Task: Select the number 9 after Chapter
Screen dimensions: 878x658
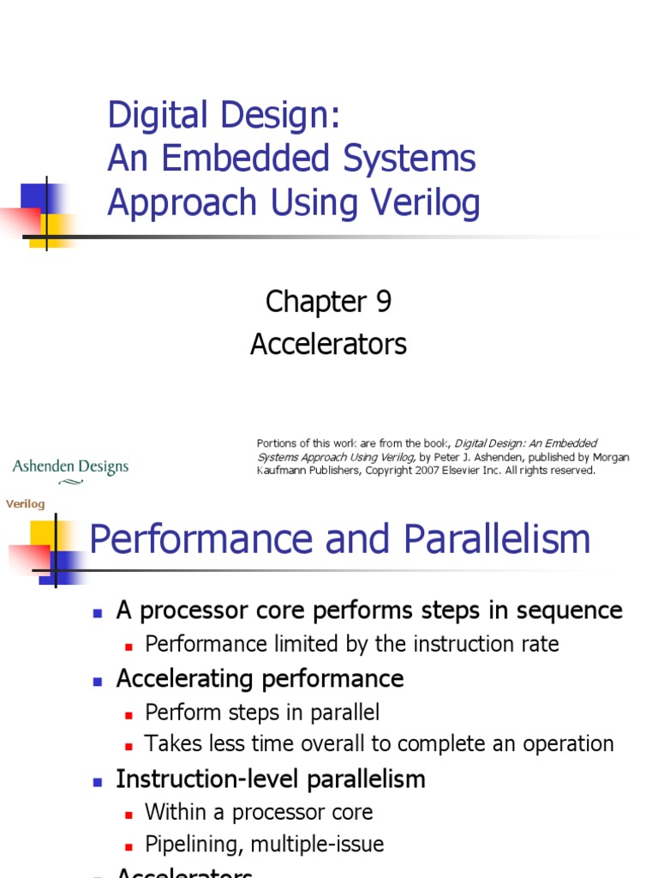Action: (x=382, y=302)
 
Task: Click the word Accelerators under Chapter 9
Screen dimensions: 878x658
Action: (x=328, y=345)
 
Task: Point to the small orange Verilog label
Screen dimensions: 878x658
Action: (x=25, y=504)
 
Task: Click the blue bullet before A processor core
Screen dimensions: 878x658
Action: (x=99, y=612)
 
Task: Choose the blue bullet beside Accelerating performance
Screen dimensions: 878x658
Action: (x=99, y=680)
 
